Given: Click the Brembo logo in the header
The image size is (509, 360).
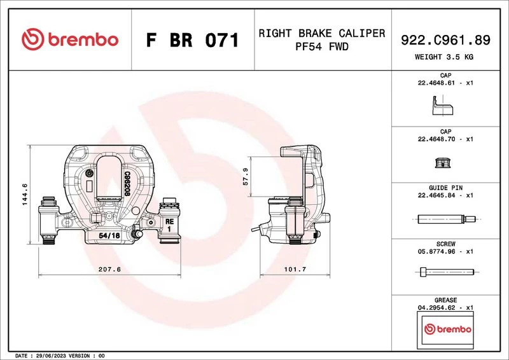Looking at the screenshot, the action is (x=70, y=39).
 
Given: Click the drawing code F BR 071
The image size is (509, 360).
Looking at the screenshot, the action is (x=193, y=40).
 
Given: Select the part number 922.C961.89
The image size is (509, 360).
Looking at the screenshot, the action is (x=445, y=40).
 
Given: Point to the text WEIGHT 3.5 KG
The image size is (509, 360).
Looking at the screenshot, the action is (x=444, y=57).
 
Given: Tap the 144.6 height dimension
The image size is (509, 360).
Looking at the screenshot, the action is (x=25, y=195).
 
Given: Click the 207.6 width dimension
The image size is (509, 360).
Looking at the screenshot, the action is (x=109, y=269).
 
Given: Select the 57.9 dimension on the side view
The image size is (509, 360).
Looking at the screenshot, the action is (x=246, y=177).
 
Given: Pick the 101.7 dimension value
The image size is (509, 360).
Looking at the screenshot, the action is (x=295, y=269).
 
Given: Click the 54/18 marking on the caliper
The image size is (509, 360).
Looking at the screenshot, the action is (x=109, y=235).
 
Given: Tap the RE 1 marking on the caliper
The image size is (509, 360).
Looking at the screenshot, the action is (x=169, y=225).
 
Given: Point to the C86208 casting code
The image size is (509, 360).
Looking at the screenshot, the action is (x=127, y=184).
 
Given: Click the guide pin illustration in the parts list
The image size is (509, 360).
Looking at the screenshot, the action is (x=447, y=219).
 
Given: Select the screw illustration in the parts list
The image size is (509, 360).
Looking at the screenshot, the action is (x=447, y=272).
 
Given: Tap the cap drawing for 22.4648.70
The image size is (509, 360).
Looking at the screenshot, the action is (x=443, y=162).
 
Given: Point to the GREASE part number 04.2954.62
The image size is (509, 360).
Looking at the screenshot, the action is (x=436, y=307).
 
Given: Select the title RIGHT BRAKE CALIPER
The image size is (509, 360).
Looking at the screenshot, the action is (x=322, y=33).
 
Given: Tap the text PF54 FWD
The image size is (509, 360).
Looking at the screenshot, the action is (x=322, y=46).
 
